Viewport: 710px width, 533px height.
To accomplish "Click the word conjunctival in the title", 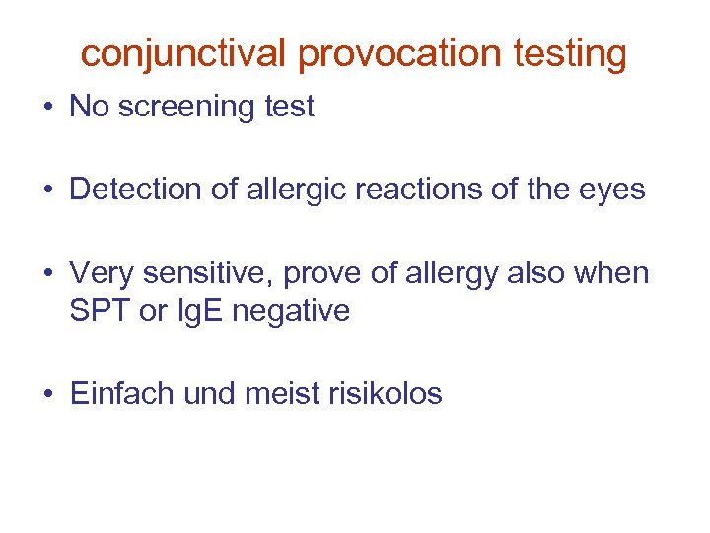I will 184,54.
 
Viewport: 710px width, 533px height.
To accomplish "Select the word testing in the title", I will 570,54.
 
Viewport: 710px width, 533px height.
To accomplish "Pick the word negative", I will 298,311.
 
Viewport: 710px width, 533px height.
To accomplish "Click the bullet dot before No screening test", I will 48,108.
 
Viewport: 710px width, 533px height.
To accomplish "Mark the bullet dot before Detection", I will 48,190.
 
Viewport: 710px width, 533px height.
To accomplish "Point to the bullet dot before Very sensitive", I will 48,273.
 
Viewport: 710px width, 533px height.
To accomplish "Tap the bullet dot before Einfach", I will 48,394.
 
